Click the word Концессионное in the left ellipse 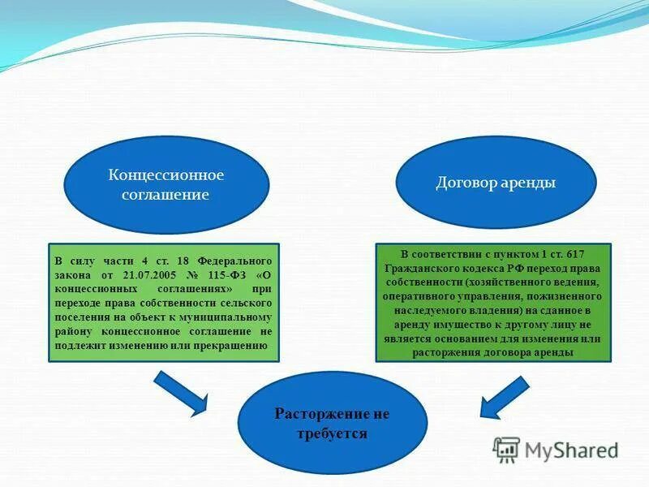point(166,175)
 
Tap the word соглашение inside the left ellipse point(166,196)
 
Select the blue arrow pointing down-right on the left point(182,391)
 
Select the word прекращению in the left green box point(236,345)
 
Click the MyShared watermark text point(571,449)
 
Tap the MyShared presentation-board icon point(507,449)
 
